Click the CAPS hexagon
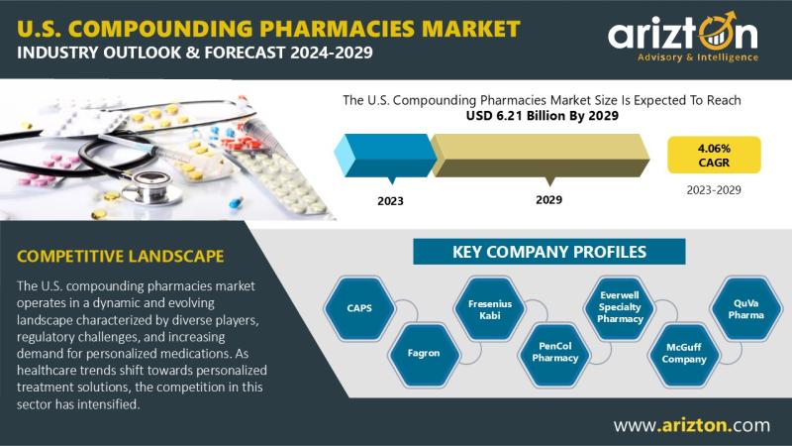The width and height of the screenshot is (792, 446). (359, 308)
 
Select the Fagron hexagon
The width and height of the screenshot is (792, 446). (424, 354)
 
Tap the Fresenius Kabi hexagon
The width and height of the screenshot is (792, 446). (489, 309)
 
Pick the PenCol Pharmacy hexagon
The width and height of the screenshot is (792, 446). (554, 353)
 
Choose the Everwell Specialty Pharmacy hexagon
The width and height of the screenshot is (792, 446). (620, 307)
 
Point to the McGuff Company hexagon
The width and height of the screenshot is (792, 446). (684, 354)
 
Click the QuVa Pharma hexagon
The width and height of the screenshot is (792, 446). (746, 308)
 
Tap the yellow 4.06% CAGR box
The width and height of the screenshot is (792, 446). (714, 156)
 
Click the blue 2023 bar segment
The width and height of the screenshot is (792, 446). (385, 156)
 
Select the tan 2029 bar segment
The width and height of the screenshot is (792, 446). (541, 156)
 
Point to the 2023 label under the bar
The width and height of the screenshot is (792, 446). (390, 201)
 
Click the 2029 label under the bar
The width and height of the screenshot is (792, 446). (549, 200)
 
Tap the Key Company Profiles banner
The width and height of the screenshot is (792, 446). (549, 252)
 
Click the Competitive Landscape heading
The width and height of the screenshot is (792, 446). (120, 256)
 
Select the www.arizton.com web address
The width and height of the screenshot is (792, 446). (692, 425)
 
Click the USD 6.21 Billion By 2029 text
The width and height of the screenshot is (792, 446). (542, 116)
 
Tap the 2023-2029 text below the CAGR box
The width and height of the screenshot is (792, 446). (714, 190)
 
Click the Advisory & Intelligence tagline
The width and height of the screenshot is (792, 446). (698, 57)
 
